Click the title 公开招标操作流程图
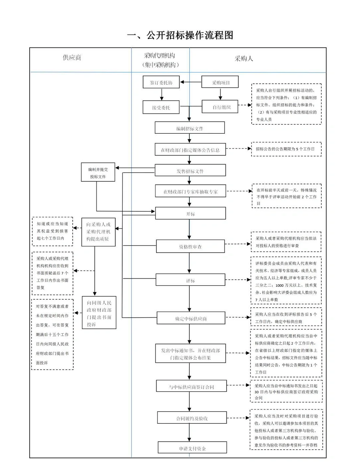(180, 35)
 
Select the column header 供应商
(72, 58)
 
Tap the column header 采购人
(244, 59)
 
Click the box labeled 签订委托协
(161, 82)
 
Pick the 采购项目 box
(220, 82)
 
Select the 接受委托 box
(161, 107)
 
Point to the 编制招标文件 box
(190, 128)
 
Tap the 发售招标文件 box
(190, 171)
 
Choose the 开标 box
(190, 213)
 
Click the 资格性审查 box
(190, 247)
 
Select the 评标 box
(190, 280)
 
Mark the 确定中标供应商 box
(191, 318)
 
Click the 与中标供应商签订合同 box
(191, 387)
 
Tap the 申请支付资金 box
(192, 448)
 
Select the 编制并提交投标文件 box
(98, 173)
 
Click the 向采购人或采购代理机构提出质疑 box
(98, 232)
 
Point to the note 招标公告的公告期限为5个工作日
(286, 149)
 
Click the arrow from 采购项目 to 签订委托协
(191, 82)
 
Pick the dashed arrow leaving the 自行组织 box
(245, 105)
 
